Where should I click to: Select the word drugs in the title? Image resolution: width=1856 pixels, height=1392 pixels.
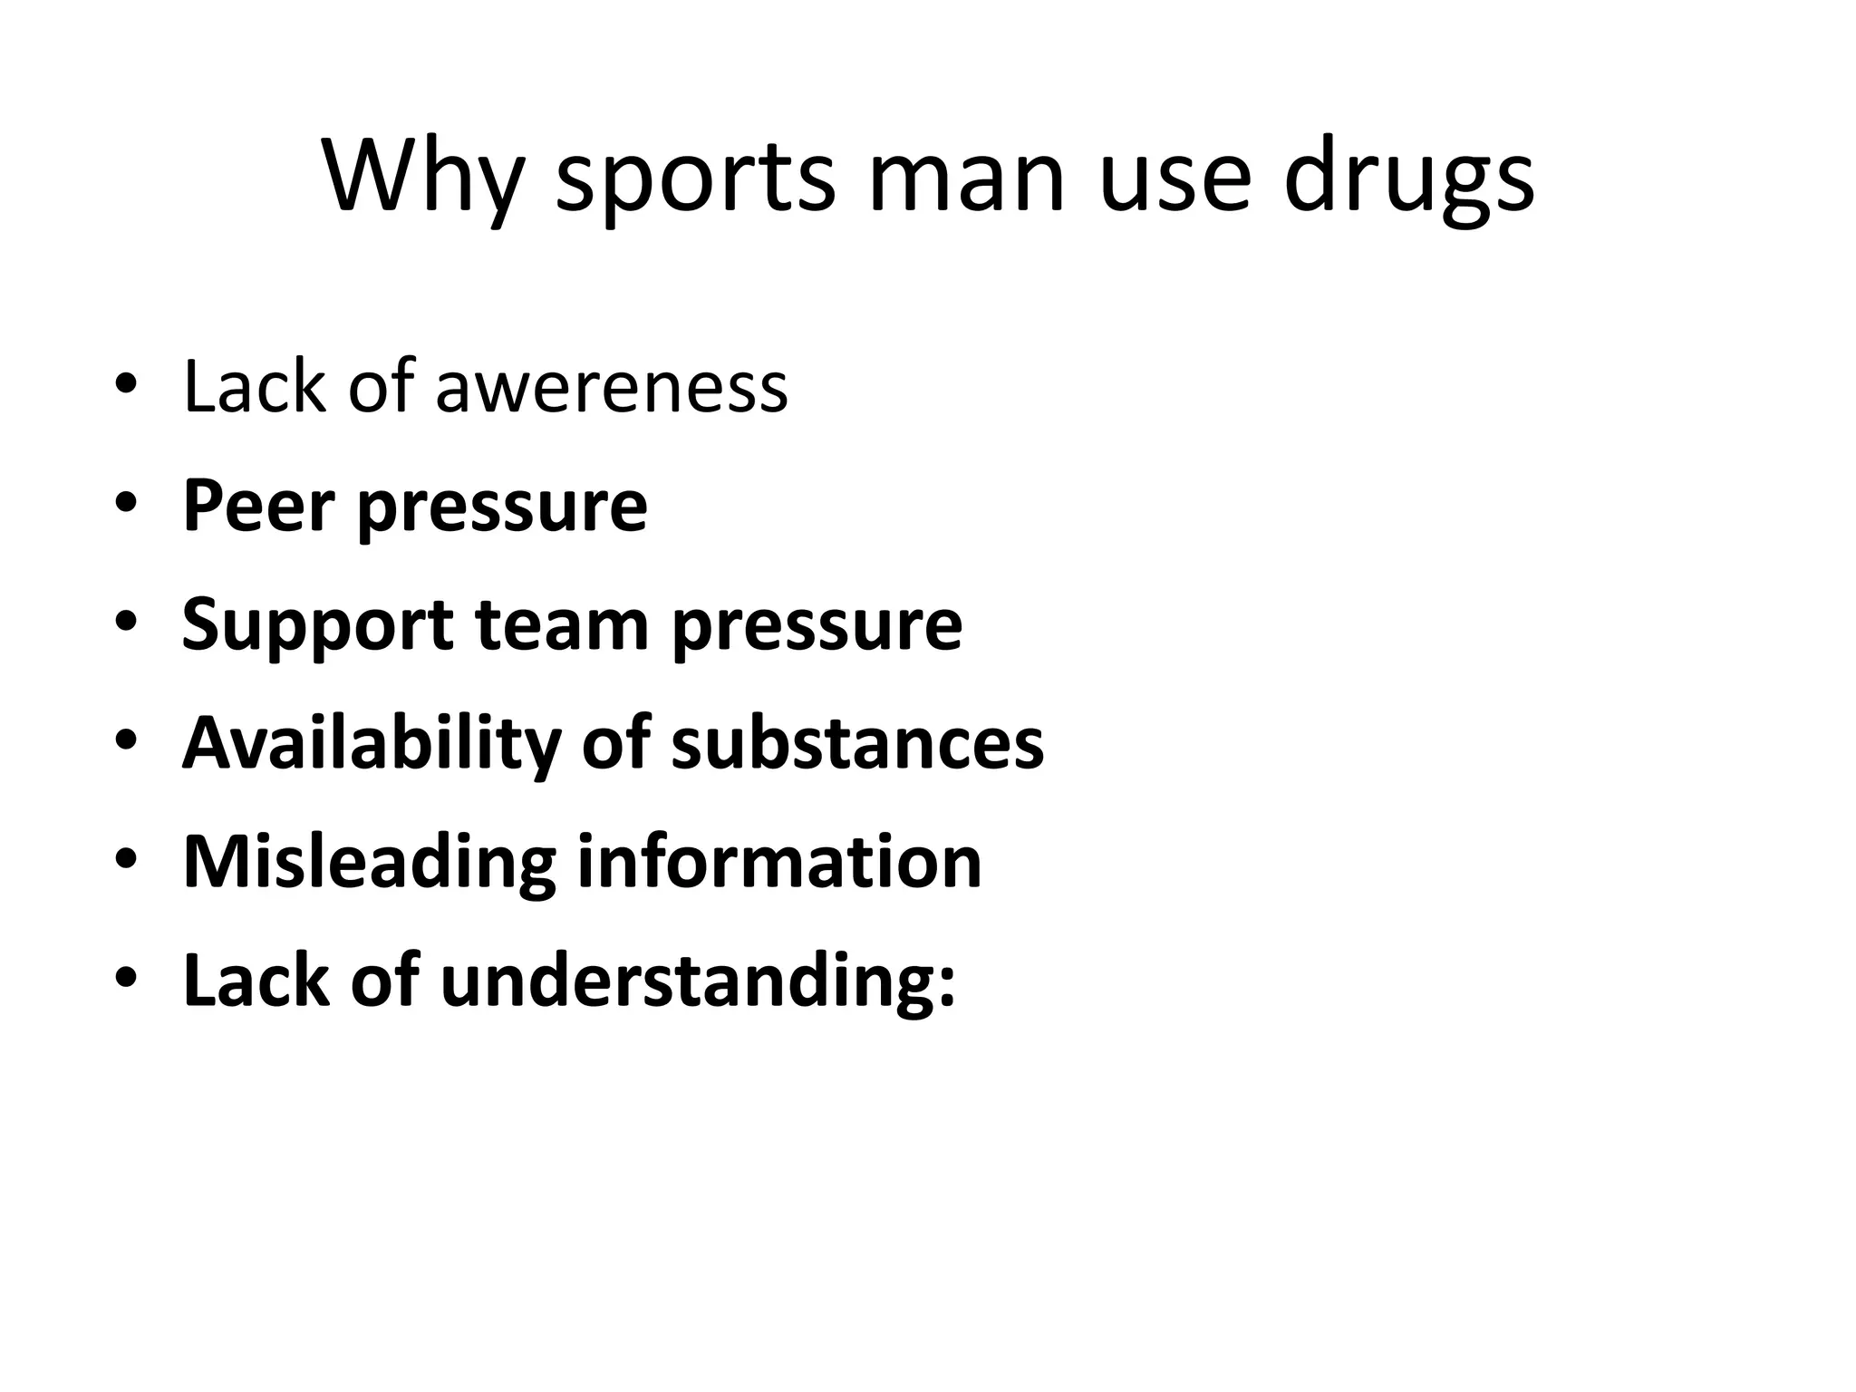click(x=1408, y=179)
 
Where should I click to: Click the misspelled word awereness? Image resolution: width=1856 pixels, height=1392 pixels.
click(x=612, y=388)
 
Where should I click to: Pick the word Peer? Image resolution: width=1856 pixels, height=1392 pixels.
click(x=256, y=505)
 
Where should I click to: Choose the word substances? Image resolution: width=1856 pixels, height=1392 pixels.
click(x=856, y=743)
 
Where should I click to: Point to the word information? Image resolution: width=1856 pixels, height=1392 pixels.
click(x=779, y=861)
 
